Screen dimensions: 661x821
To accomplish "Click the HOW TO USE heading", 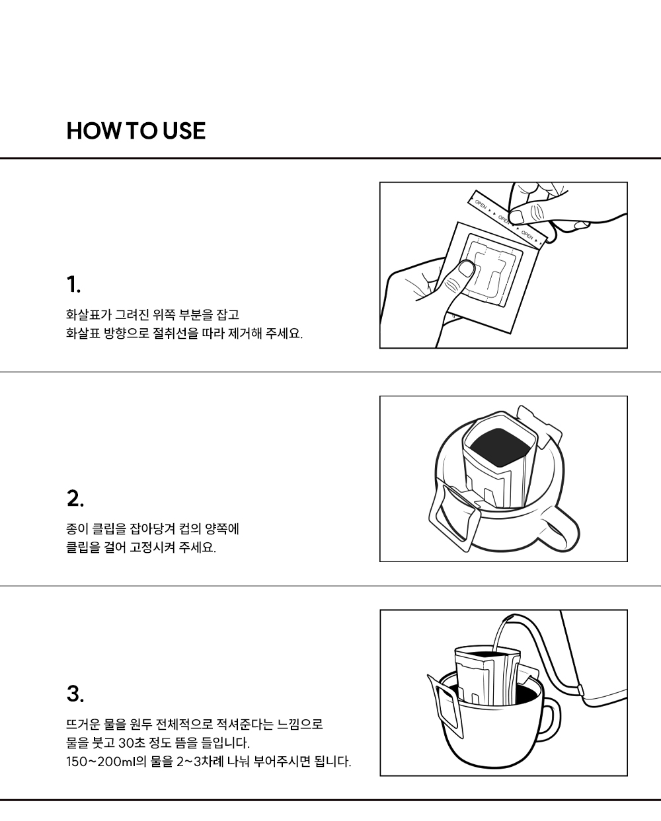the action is (x=136, y=131).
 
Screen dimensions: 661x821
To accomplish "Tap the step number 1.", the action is (x=73, y=285).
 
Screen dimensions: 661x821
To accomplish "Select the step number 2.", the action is (x=75, y=498).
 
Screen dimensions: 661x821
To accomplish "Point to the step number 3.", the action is (x=75, y=694).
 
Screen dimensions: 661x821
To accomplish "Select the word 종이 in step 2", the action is (x=77, y=529).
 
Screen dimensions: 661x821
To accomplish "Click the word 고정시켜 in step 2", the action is (x=153, y=548).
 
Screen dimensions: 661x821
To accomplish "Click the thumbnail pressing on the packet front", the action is (x=466, y=269).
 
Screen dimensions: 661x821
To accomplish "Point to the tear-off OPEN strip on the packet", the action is (x=508, y=217).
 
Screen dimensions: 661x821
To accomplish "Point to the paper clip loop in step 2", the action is (x=454, y=518).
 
